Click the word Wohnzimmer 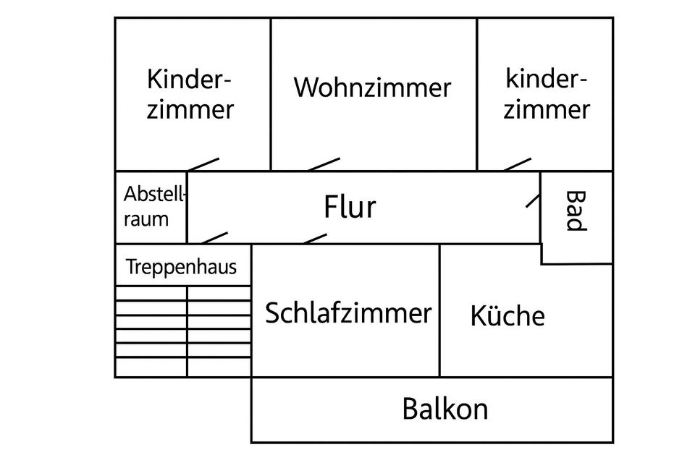[x=372, y=88]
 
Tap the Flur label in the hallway [x=350, y=207]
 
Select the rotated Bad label [x=574, y=211]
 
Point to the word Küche [x=507, y=316]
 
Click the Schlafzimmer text [x=347, y=313]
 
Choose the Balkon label [x=445, y=409]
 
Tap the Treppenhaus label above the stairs [x=181, y=267]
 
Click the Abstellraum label [x=155, y=206]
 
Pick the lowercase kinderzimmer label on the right [x=547, y=94]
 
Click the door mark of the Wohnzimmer [x=324, y=164]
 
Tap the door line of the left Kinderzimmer [x=203, y=164]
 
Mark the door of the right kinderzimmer [x=518, y=164]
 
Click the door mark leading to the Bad [x=533, y=200]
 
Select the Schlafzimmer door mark [x=315, y=238]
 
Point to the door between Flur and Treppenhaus [x=214, y=237]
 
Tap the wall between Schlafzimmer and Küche [x=439, y=310]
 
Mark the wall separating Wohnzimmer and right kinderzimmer [x=477, y=94]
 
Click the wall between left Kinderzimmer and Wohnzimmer [x=271, y=94]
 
